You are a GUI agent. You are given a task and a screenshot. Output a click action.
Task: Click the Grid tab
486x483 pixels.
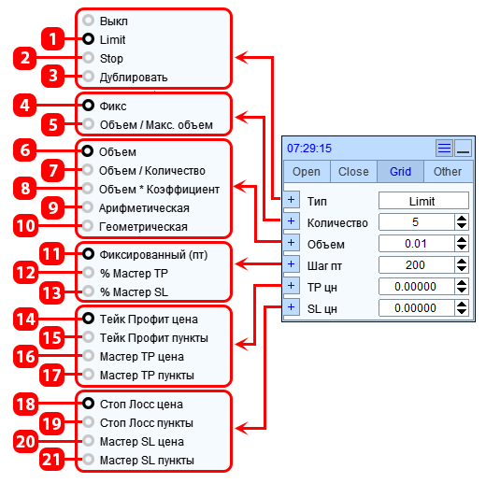[x=400, y=171]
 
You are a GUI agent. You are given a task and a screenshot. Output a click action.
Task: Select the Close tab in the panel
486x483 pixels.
[x=353, y=171]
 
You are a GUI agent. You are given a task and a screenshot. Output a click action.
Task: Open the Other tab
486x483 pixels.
[x=448, y=171]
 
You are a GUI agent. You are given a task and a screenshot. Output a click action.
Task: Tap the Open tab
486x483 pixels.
[x=307, y=171]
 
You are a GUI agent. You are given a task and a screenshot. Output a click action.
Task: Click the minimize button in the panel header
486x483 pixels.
[x=463, y=148]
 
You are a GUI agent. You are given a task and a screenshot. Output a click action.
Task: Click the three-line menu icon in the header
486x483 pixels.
[x=444, y=148]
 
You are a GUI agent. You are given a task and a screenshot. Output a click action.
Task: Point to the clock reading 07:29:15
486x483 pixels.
[x=309, y=149]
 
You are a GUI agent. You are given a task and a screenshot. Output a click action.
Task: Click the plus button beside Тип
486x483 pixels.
[x=292, y=200]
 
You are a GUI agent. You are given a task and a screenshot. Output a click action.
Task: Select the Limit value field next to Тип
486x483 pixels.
[x=423, y=201]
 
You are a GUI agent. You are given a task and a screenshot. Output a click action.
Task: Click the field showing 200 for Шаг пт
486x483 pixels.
[x=416, y=265]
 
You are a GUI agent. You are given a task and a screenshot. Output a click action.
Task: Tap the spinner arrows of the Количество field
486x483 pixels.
[x=462, y=222]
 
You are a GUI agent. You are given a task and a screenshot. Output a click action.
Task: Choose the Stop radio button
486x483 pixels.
[x=89, y=58]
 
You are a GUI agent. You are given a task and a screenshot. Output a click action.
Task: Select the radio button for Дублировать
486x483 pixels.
[x=89, y=77]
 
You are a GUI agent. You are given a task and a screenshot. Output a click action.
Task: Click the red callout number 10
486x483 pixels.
[x=25, y=225]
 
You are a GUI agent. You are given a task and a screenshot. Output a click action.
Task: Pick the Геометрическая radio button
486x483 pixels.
[x=88, y=225]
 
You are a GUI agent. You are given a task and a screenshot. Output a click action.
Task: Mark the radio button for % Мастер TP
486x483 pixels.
[x=89, y=273]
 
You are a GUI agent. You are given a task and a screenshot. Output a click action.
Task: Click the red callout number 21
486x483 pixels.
[x=51, y=459]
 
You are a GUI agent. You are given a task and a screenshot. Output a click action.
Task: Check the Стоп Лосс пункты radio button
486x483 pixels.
[x=89, y=422]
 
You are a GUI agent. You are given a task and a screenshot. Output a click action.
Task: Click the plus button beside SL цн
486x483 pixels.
[x=292, y=307]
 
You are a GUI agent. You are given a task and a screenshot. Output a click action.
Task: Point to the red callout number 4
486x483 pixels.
[x=25, y=106]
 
